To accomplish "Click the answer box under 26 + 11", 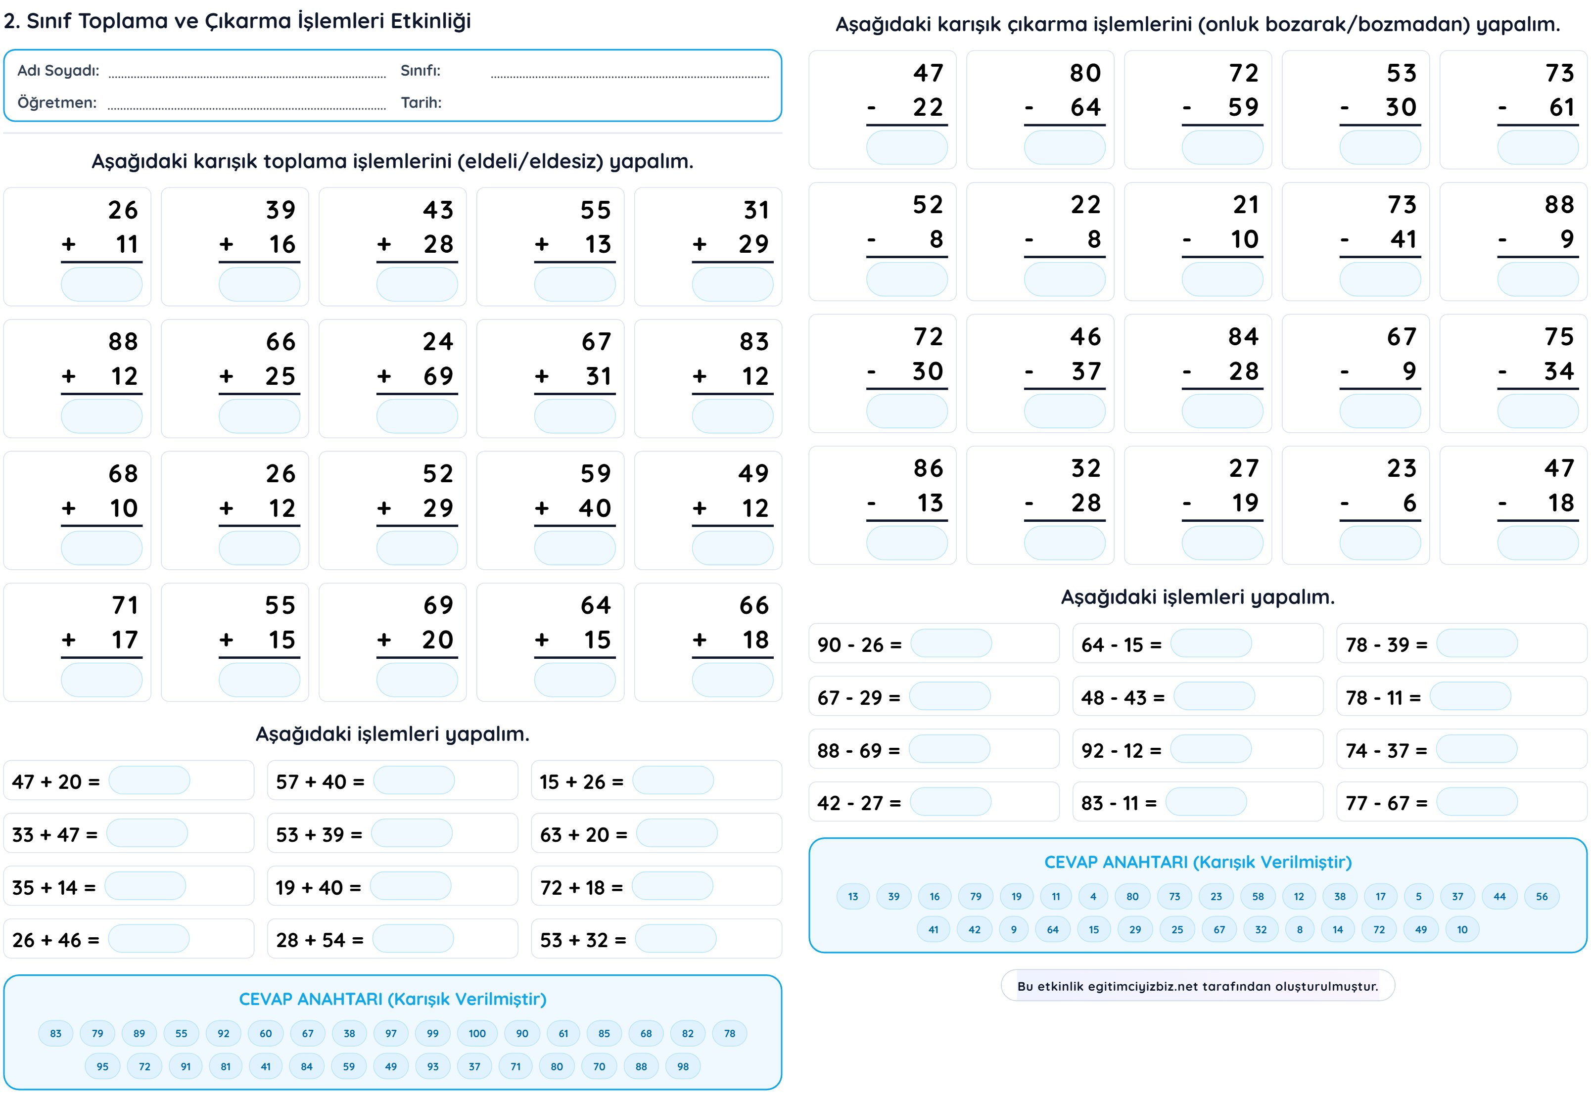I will (101, 284).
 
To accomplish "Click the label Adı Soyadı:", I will (58, 70).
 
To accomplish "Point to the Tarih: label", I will (421, 102).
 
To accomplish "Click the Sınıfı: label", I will (420, 70).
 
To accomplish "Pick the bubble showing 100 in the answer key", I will (476, 1033).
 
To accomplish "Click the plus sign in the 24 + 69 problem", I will (384, 376).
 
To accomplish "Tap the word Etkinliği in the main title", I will (430, 21).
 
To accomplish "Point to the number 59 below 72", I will (1243, 107).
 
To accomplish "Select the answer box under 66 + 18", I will (732, 681).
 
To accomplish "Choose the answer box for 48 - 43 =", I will (1214, 696).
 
